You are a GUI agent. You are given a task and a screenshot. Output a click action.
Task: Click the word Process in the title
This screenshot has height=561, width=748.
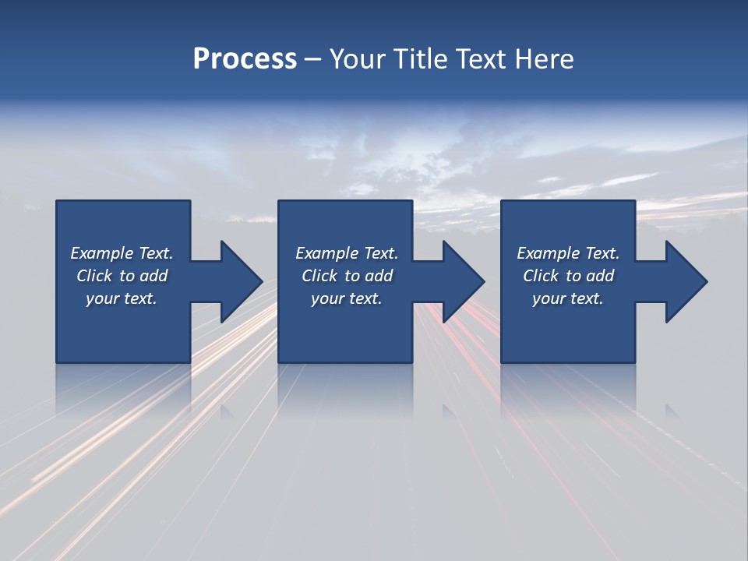click(x=245, y=59)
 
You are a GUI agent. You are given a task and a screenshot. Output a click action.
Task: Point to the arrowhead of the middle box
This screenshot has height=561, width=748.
click(x=462, y=281)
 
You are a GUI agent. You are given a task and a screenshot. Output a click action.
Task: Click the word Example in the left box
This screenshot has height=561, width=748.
click(x=102, y=253)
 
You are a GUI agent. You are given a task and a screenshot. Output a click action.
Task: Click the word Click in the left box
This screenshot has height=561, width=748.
click(x=95, y=276)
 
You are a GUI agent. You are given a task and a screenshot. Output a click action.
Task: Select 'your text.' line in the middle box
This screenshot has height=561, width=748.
click(x=346, y=298)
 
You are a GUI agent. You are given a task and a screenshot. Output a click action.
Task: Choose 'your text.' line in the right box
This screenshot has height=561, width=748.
click(x=567, y=298)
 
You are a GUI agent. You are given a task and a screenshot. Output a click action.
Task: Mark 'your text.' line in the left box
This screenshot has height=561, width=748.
click(x=121, y=298)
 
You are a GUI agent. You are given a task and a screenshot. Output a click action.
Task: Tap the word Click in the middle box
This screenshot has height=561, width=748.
click(x=320, y=276)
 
